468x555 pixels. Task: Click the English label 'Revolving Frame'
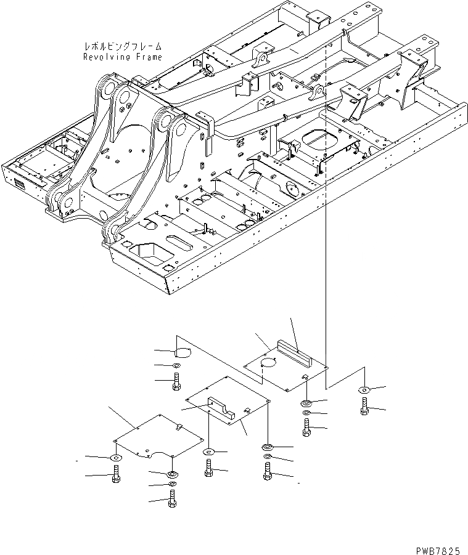123,57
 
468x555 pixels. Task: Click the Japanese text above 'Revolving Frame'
123,46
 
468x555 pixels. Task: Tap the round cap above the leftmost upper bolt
183,353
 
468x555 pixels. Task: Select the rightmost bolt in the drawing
364,407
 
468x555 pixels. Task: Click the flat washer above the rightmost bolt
364,389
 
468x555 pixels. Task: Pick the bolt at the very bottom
172,500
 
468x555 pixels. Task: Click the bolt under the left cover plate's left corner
116,475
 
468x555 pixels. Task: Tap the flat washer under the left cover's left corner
116,458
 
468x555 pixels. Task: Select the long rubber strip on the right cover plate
295,349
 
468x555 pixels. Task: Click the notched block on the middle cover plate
223,408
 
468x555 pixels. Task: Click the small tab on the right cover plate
305,376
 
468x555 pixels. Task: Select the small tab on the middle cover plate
246,410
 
